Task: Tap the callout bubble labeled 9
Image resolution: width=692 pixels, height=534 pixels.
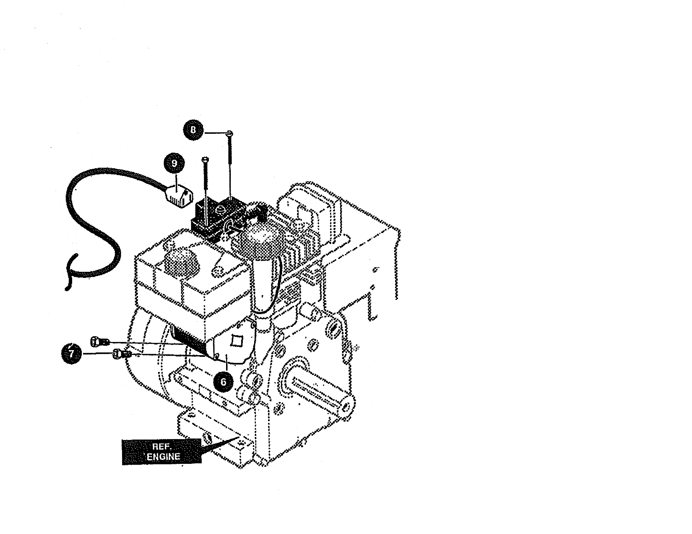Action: click(174, 164)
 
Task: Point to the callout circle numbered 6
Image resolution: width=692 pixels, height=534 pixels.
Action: click(223, 382)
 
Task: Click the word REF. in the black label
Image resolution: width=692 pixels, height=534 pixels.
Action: click(162, 446)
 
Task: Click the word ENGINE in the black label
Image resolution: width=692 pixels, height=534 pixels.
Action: click(163, 457)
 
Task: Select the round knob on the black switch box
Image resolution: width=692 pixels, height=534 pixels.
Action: click(220, 209)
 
